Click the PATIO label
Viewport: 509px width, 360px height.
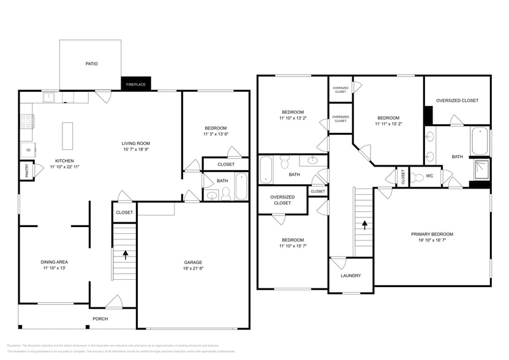pos(91,64)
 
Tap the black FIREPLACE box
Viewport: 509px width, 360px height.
pos(136,84)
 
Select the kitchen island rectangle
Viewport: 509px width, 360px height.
pos(67,136)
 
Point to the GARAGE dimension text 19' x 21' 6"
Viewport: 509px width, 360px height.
pos(193,269)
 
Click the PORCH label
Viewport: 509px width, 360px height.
pos(100,318)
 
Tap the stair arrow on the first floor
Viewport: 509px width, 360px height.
pos(126,254)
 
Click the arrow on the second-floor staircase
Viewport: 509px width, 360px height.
pos(364,225)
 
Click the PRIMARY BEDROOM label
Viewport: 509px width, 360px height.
pos(432,234)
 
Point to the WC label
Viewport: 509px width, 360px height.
pos(429,176)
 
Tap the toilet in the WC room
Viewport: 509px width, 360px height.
pos(417,178)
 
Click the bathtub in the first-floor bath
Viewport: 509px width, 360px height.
pos(241,187)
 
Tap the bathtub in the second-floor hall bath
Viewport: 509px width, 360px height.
pos(266,170)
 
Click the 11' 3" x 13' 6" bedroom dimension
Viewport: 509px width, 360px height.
pos(215,134)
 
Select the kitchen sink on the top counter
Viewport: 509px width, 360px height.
pos(48,97)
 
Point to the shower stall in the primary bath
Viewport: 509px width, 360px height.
pos(481,169)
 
